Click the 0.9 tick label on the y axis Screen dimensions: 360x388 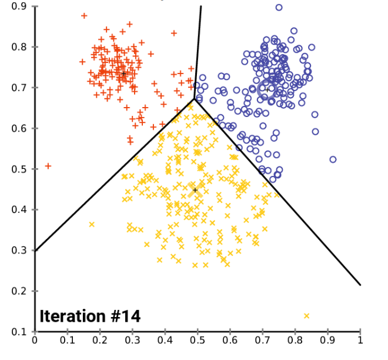tap(19, 6)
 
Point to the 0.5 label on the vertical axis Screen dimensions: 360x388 tap(19, 169)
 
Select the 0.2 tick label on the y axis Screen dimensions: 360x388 tap(19, 291)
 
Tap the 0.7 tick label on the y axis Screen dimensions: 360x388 tap(19, 88)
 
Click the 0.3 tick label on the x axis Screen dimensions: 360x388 tap(132, 339)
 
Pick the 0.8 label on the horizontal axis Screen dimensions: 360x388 tap(295, 339)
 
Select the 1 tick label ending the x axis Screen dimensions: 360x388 tap(360, 339)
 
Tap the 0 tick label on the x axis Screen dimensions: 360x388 tap(35, 339)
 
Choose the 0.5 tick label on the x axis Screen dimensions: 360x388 tap(198, 339)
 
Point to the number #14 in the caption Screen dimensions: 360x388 tap(124, 316)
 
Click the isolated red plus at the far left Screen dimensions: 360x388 tap(48, 166)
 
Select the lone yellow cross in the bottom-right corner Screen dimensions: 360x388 tap(306, 316)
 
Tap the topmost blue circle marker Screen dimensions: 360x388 tap(279, 8)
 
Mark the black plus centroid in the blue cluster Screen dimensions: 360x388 tap(266, 89)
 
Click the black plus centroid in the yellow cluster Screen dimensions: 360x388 tap(195, 190)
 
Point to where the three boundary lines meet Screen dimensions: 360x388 tap(194, 99)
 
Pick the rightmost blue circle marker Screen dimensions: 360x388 tap(333, 159)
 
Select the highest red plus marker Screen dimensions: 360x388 tap(84, 16)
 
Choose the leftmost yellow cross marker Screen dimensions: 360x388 tap(92, 224)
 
